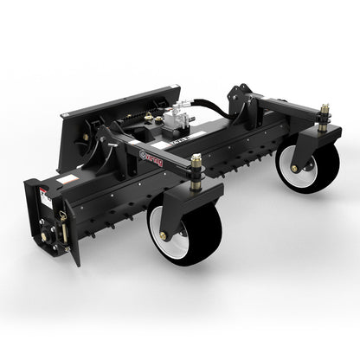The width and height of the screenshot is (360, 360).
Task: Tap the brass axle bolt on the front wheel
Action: pyautogui.click(x=163, y=235)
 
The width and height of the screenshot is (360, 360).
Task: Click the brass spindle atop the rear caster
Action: pyautogui.click(x=324, y=113)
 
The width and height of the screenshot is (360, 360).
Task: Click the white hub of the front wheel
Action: pyautogui.click(x=176, y=241)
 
